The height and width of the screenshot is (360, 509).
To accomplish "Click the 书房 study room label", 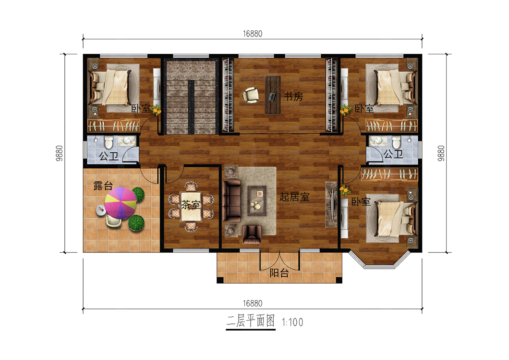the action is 293,97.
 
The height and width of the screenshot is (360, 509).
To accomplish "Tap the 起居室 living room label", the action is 294,197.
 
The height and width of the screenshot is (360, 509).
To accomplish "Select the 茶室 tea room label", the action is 191,204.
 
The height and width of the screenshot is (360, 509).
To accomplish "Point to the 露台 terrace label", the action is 103,186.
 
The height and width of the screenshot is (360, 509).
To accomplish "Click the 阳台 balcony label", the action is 279,273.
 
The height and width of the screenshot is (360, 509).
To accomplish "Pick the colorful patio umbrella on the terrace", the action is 121,203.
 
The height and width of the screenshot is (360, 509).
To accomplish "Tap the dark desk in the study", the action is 273,95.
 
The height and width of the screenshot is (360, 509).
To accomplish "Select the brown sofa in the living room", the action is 232,200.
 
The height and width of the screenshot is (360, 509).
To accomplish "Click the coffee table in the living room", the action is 257,200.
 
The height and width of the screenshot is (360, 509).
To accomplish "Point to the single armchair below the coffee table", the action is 252,234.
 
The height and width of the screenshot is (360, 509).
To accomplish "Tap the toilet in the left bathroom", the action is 108,142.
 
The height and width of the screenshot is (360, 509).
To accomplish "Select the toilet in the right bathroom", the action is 396,142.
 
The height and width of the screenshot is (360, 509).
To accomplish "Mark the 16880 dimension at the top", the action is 253,34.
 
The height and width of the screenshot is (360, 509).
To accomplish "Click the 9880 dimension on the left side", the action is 59,153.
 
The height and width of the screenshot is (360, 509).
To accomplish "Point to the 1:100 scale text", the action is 292,323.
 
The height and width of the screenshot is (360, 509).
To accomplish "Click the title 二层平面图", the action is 251,321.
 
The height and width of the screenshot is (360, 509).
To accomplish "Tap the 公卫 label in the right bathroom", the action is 393,154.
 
